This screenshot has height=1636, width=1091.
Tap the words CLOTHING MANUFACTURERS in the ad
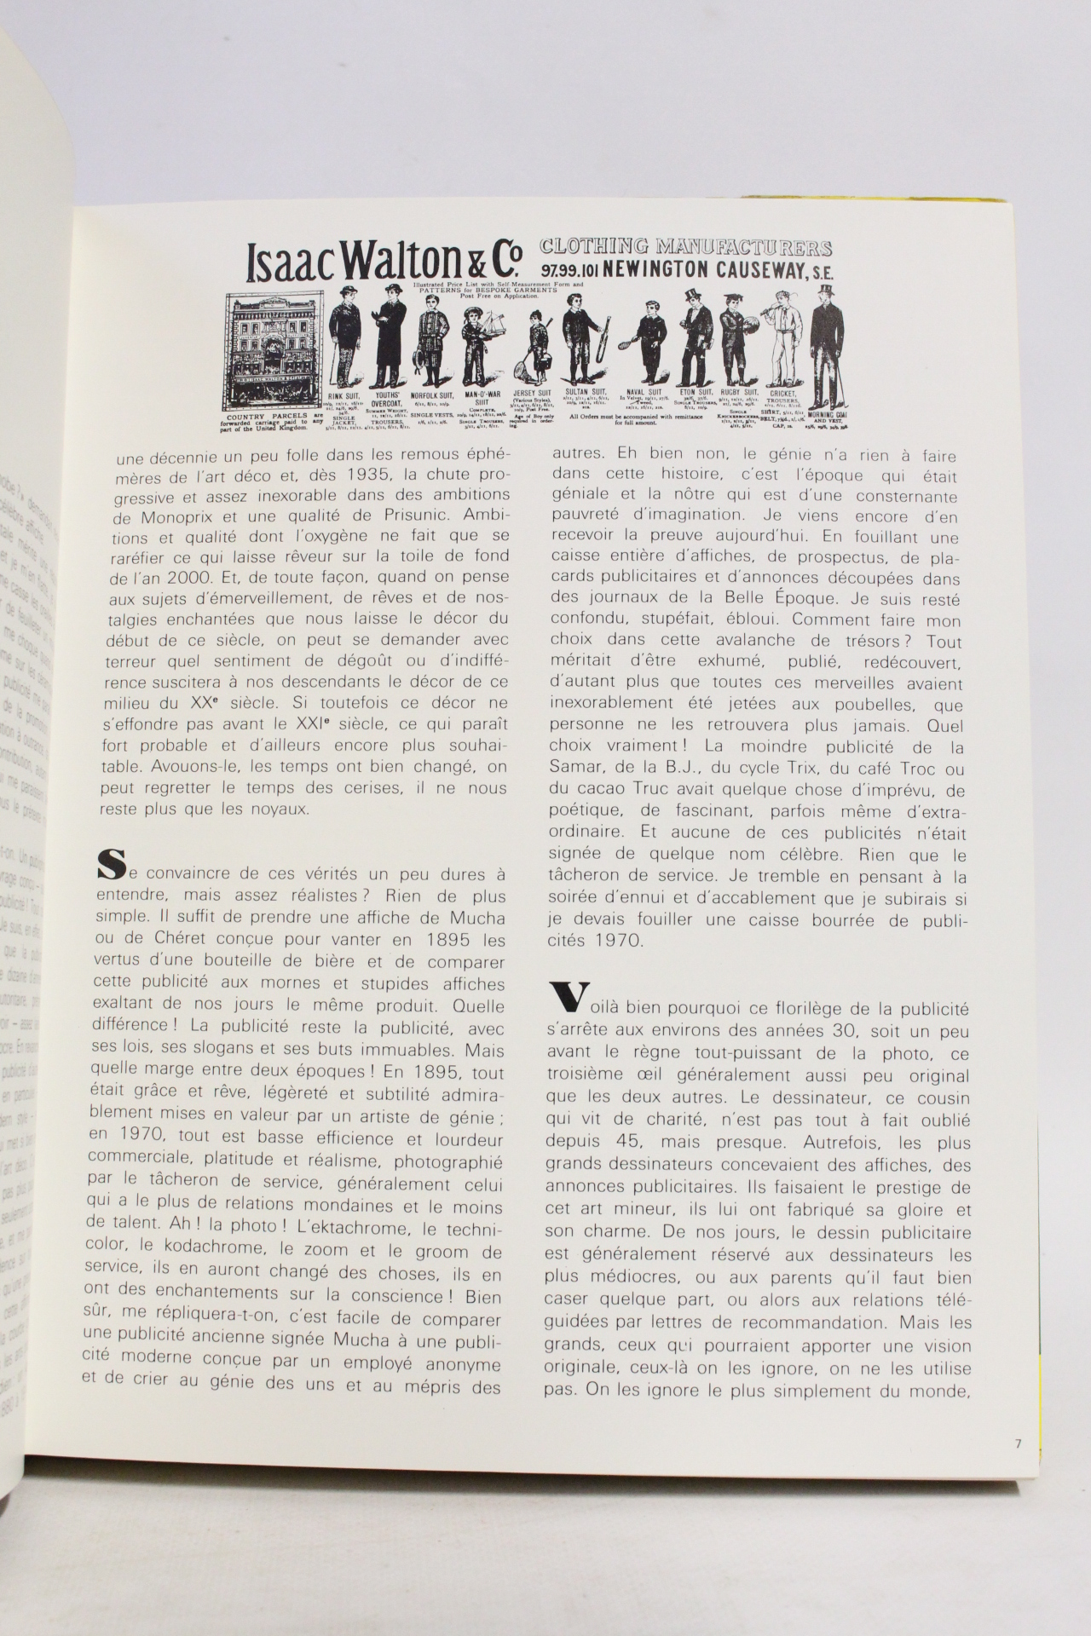pos(686,248)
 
